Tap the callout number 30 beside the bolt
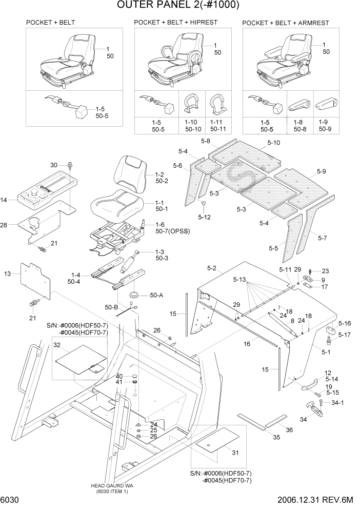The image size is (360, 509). [x=54, y=165]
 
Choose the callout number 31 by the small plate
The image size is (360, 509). [x=235, y=452]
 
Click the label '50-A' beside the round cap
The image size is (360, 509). [x=156, y=296]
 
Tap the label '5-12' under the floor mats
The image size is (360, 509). [x=204, y=217]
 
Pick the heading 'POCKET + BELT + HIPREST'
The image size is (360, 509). [x=175, y=23]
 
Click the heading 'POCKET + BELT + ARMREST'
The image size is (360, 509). [x=285, y=23]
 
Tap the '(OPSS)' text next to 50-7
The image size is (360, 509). [x=179, y=231]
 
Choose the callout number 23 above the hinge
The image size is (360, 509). [x=325, y=271]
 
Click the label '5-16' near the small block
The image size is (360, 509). [x=344, y=324]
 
